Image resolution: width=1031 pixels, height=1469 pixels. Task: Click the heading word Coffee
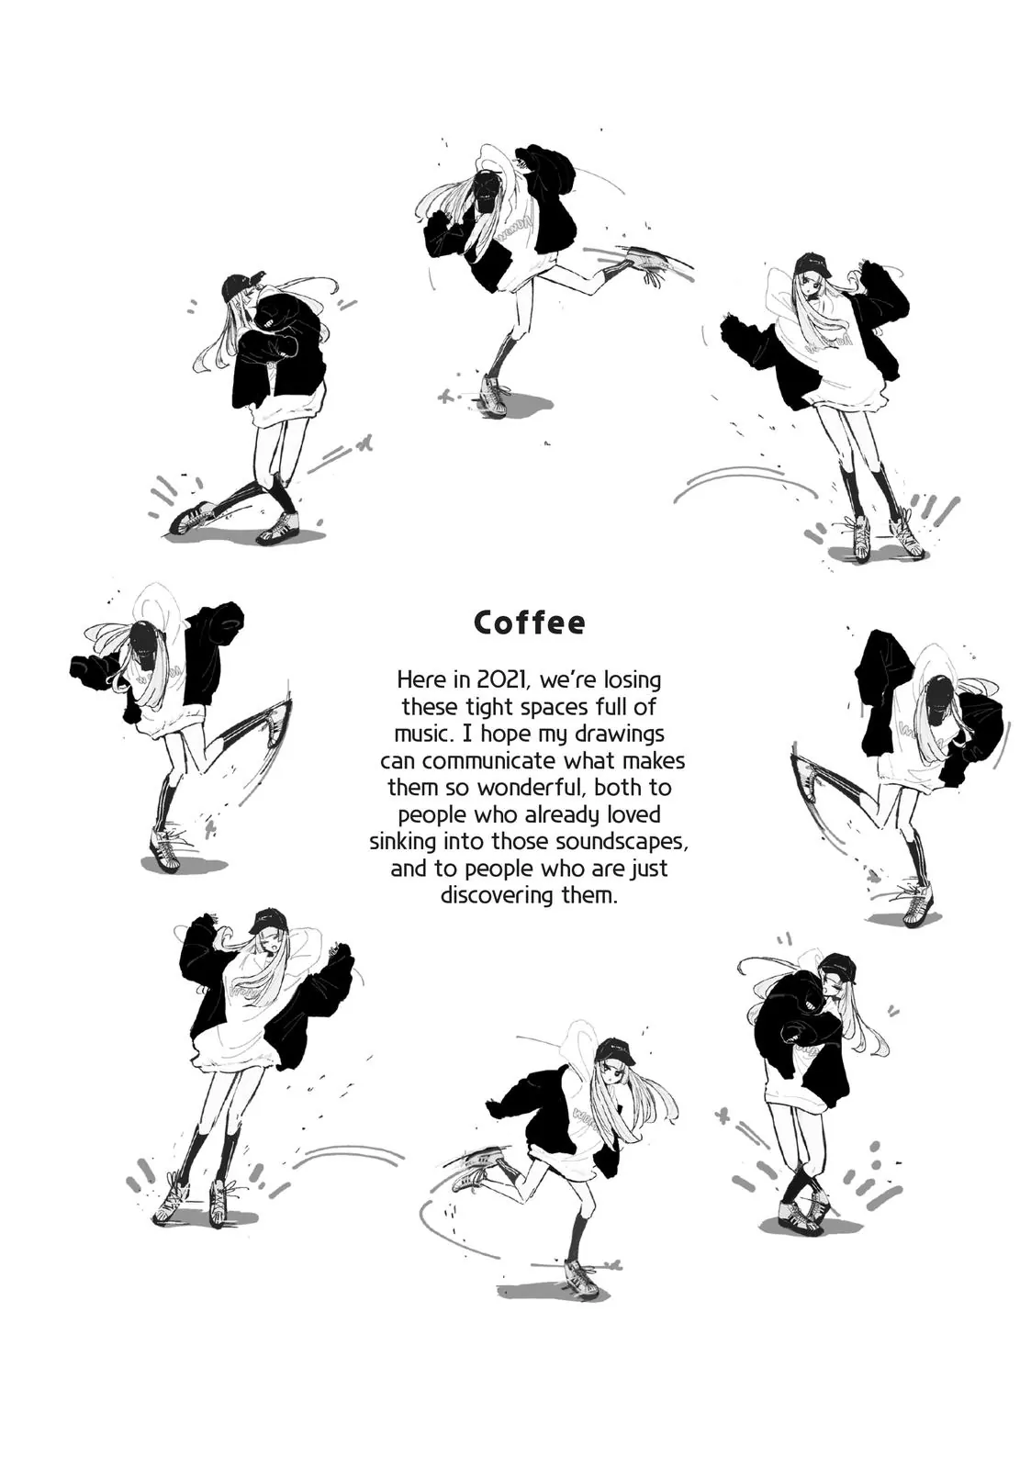click(529, 622)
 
